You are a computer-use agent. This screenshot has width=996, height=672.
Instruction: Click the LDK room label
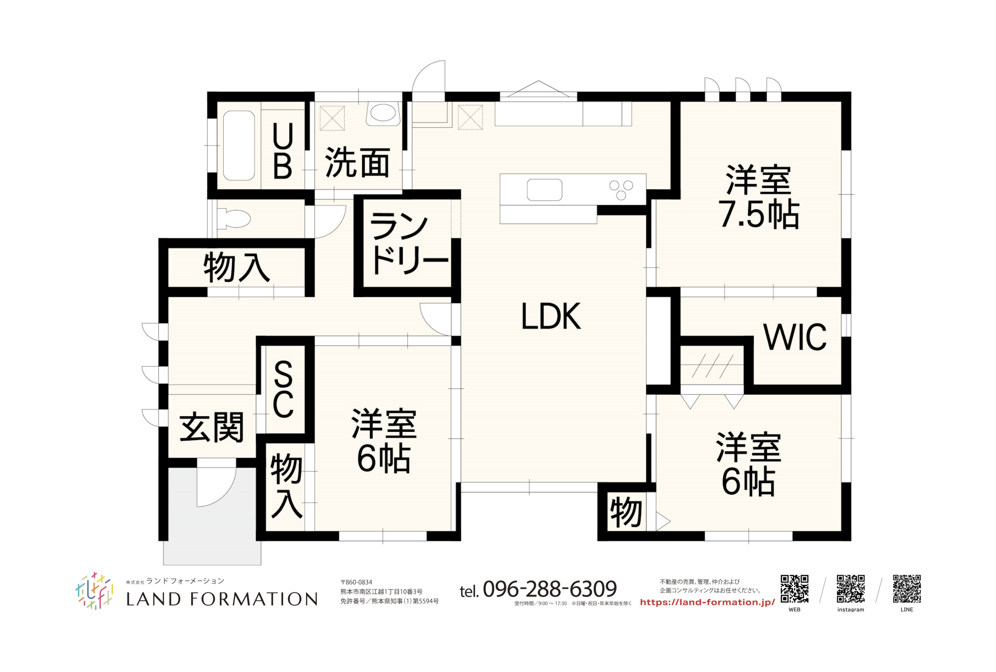pyautogui.click(x=551, y=316)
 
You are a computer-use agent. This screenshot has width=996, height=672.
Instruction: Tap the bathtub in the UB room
pyautogui.click(x=238, y=146)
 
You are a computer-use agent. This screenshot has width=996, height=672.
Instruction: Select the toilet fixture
pyautogui.click(x=234, y=218)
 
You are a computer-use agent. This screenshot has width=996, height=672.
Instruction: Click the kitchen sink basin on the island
pyautogui.click(x=544, y=190)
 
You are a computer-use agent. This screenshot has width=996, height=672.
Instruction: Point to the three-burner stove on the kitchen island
pyautogui.click(x=621, y=190)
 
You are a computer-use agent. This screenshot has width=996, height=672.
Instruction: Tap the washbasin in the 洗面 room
pyautogui.click(x=383, y=114)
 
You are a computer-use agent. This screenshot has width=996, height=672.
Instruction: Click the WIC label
pyautogui.click(x=795, y=337)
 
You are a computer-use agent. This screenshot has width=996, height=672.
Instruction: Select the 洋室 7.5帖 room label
pyautogui.click(x=759, y=197)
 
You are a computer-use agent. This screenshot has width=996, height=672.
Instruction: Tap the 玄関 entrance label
pyautogui.click(x=212, y=427)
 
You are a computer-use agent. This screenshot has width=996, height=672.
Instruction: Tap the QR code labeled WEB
pyautogui.click(x=794, y=589)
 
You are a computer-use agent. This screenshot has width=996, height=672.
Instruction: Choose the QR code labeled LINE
pyautogui.click(x=907, y=589)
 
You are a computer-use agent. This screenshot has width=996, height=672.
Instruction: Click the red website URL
pyautogui.click(x=707, y=602)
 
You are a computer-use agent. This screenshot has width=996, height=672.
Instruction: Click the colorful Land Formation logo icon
pyautogui.click(x=94, y=591)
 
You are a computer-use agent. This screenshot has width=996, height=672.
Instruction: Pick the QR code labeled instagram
pyautogui.click(x=850, y=589)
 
